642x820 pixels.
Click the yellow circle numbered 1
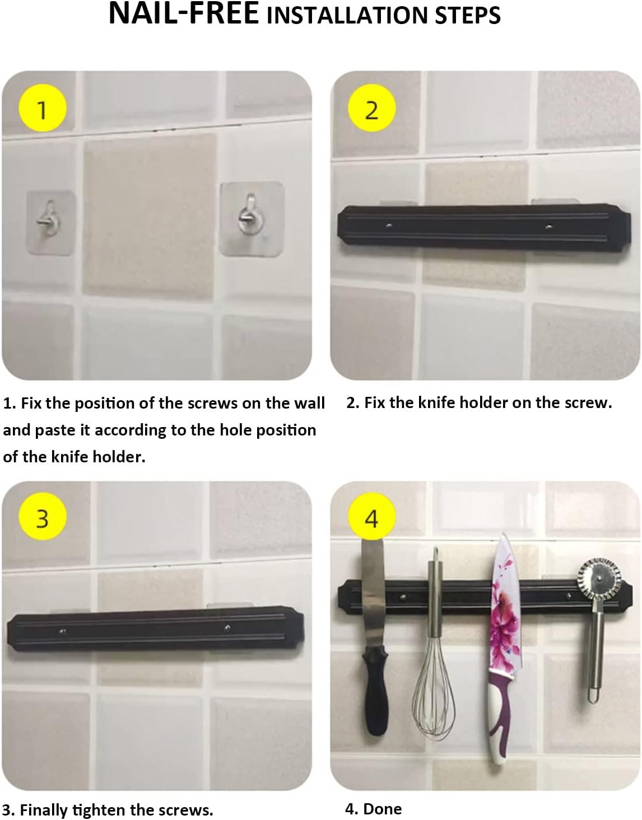(x=43, y=107)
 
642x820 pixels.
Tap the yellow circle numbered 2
(x=371, y=107)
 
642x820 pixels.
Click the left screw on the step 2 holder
(x=389, y=226)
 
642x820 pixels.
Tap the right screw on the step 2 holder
(x=549, y=227)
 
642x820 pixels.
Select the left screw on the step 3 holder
(x=63, y=631)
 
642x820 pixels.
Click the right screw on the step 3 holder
(x=227, y=627)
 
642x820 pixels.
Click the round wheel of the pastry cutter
(x=598, y=579)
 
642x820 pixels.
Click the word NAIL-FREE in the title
(x=184, y=13)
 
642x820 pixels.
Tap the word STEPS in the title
(x=468, y=16)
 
